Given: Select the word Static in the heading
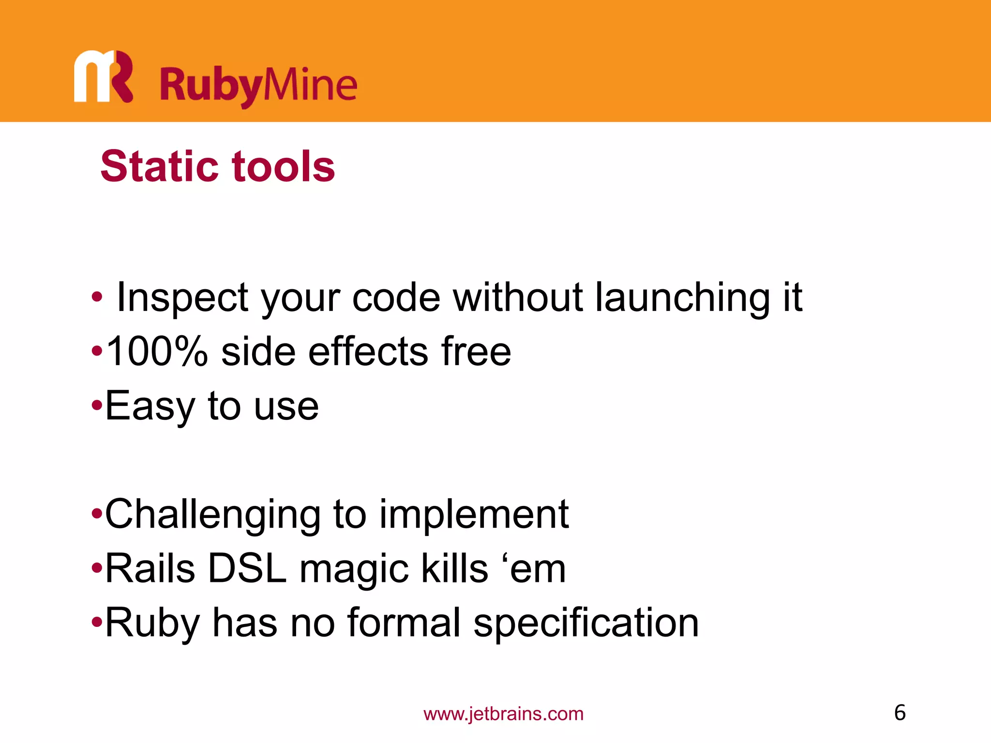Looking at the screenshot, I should (x=160, y=166).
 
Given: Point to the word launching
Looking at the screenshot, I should (x=682, y=297).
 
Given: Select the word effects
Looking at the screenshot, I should (x=368, y=351).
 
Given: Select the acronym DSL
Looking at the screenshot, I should (x=247, y=569).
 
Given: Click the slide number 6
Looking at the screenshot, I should (x=900, y=713).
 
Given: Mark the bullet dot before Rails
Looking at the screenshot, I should (x=97, y=567).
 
